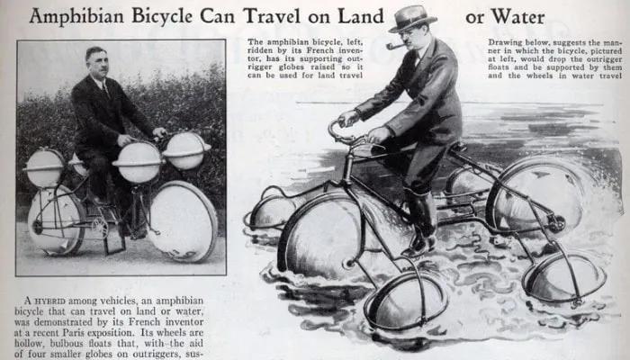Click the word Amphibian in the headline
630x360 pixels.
(76, 17)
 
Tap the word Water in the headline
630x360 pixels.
(517, 17)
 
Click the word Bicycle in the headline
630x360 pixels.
(162, 17)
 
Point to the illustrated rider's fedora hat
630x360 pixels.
(412, 19)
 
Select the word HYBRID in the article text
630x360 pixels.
(49, 301)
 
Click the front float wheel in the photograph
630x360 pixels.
(184, 221)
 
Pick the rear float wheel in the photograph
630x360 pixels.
(56, 220)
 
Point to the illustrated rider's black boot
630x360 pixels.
(421, 223)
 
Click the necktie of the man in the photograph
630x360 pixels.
(105, 89)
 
